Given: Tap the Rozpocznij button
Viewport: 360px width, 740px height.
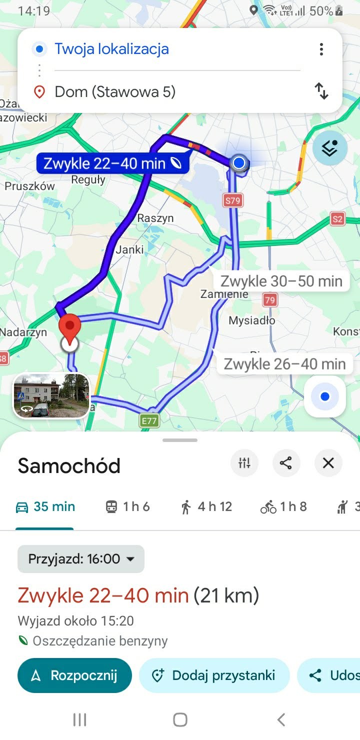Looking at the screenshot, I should click(x=75, y=675).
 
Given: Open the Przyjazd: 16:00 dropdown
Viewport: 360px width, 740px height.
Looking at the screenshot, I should click(x=81, y=558).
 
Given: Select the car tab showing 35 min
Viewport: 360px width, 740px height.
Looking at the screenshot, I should click(x=45, y=507).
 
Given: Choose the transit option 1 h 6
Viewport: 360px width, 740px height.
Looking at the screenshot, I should click(x=127, y=507).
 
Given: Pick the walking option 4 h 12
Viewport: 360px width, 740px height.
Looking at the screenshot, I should click(x=206, y=507).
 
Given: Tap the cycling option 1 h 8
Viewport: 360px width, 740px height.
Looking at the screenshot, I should click(x=283, y=507).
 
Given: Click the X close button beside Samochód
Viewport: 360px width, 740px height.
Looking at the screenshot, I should click(x=328, y=463).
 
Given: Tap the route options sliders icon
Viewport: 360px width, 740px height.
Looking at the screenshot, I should click(x=244, y=463).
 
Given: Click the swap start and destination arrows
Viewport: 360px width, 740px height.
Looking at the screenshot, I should click(x=321, y=91).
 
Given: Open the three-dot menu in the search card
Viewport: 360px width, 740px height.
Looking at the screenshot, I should click(x=321, y=49).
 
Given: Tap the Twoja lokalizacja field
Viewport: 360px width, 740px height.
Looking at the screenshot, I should click(x=111, y=49).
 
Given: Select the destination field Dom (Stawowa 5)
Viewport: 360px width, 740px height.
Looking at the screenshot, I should click(x=115, y=92).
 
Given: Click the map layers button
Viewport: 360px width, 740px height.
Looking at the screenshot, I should click(x=330, y=148).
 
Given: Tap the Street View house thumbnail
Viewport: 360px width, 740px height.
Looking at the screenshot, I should click(x=51, y=395).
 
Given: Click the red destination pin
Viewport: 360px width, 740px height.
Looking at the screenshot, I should click(x=70, y=326).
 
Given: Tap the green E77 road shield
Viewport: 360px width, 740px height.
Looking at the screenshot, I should click(x=149, y=421).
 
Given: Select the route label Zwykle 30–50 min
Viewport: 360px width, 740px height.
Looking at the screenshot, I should click(x=281, y=281).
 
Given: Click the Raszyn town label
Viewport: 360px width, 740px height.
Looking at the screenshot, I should click(x=155, y=218).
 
